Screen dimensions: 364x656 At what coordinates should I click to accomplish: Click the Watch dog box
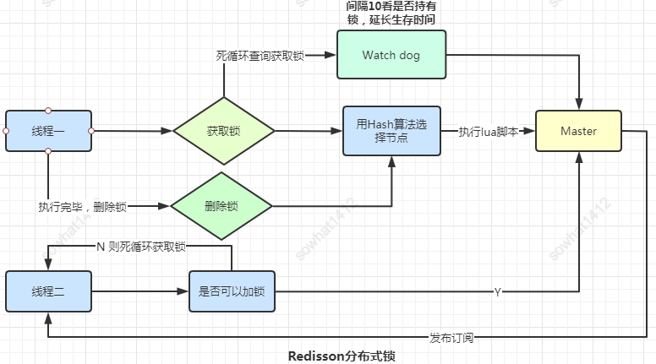[x=391, y=56]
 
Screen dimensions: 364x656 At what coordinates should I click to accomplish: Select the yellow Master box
[x=578, y=131]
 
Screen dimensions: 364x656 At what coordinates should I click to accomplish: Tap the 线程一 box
[x=48, y=131]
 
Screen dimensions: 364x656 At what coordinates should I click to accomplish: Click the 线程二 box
[x=48, y=291]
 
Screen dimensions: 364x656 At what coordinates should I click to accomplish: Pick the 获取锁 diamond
[x=224, y=131]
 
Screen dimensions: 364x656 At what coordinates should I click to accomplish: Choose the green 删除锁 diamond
[x=221, y=206]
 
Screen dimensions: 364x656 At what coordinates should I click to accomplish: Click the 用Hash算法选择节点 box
[x=391, y=131]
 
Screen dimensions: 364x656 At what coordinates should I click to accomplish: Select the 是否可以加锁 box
[x=232, y=291]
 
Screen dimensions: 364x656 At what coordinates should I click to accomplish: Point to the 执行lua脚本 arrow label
[x=489, y=131]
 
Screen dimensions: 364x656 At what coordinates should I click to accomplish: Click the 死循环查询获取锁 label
[x=260, y=56]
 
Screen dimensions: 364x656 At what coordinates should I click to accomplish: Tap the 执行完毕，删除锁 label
[x=82, y=206]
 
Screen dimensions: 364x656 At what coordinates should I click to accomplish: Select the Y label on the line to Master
[x=498, y=291]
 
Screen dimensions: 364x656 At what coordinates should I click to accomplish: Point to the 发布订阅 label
[x=451, y=337]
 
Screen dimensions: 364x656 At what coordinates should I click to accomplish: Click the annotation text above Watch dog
[x=391, y=13]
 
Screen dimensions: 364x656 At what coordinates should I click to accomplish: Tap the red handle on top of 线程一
[x=48, y=110]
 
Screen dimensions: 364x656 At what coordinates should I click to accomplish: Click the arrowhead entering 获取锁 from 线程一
[x=167, y=131]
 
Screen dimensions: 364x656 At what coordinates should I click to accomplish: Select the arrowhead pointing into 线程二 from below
[x=48, y=318]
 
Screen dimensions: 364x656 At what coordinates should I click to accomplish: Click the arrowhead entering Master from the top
[x=578, y=106]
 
